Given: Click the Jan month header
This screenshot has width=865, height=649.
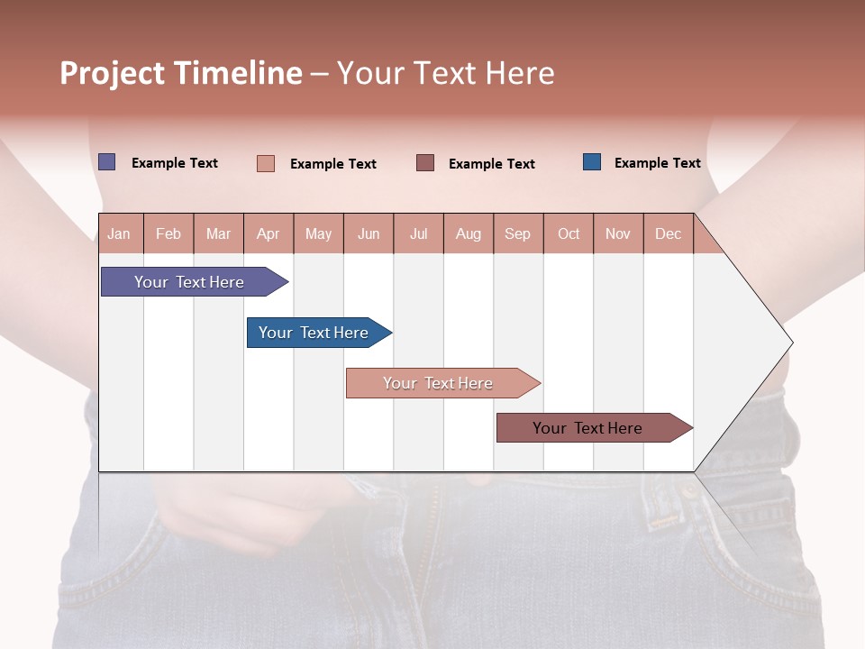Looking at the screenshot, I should pos(119,233).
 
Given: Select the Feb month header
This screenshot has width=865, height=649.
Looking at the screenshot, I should pos(168,233).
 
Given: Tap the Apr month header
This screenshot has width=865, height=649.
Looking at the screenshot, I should pos(268,233).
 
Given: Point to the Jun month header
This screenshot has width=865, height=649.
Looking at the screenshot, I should pos(369,233).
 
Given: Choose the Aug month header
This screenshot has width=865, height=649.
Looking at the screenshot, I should pos(469,233).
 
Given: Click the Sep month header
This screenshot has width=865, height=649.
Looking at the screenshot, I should pos(517,233).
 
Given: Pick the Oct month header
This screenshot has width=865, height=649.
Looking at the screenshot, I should pos(569,233).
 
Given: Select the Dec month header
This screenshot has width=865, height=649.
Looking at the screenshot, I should pos(668,233).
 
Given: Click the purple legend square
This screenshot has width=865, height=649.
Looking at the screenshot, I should pos(107,162).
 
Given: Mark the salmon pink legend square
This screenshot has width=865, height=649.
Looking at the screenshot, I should pos(266,163).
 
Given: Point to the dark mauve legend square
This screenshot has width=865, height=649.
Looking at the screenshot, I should pos(425,162).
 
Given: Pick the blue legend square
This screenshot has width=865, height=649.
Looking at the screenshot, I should pos(592,162).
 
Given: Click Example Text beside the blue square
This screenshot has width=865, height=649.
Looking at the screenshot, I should pos(657,163).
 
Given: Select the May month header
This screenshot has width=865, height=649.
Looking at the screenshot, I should pos(318,233).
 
